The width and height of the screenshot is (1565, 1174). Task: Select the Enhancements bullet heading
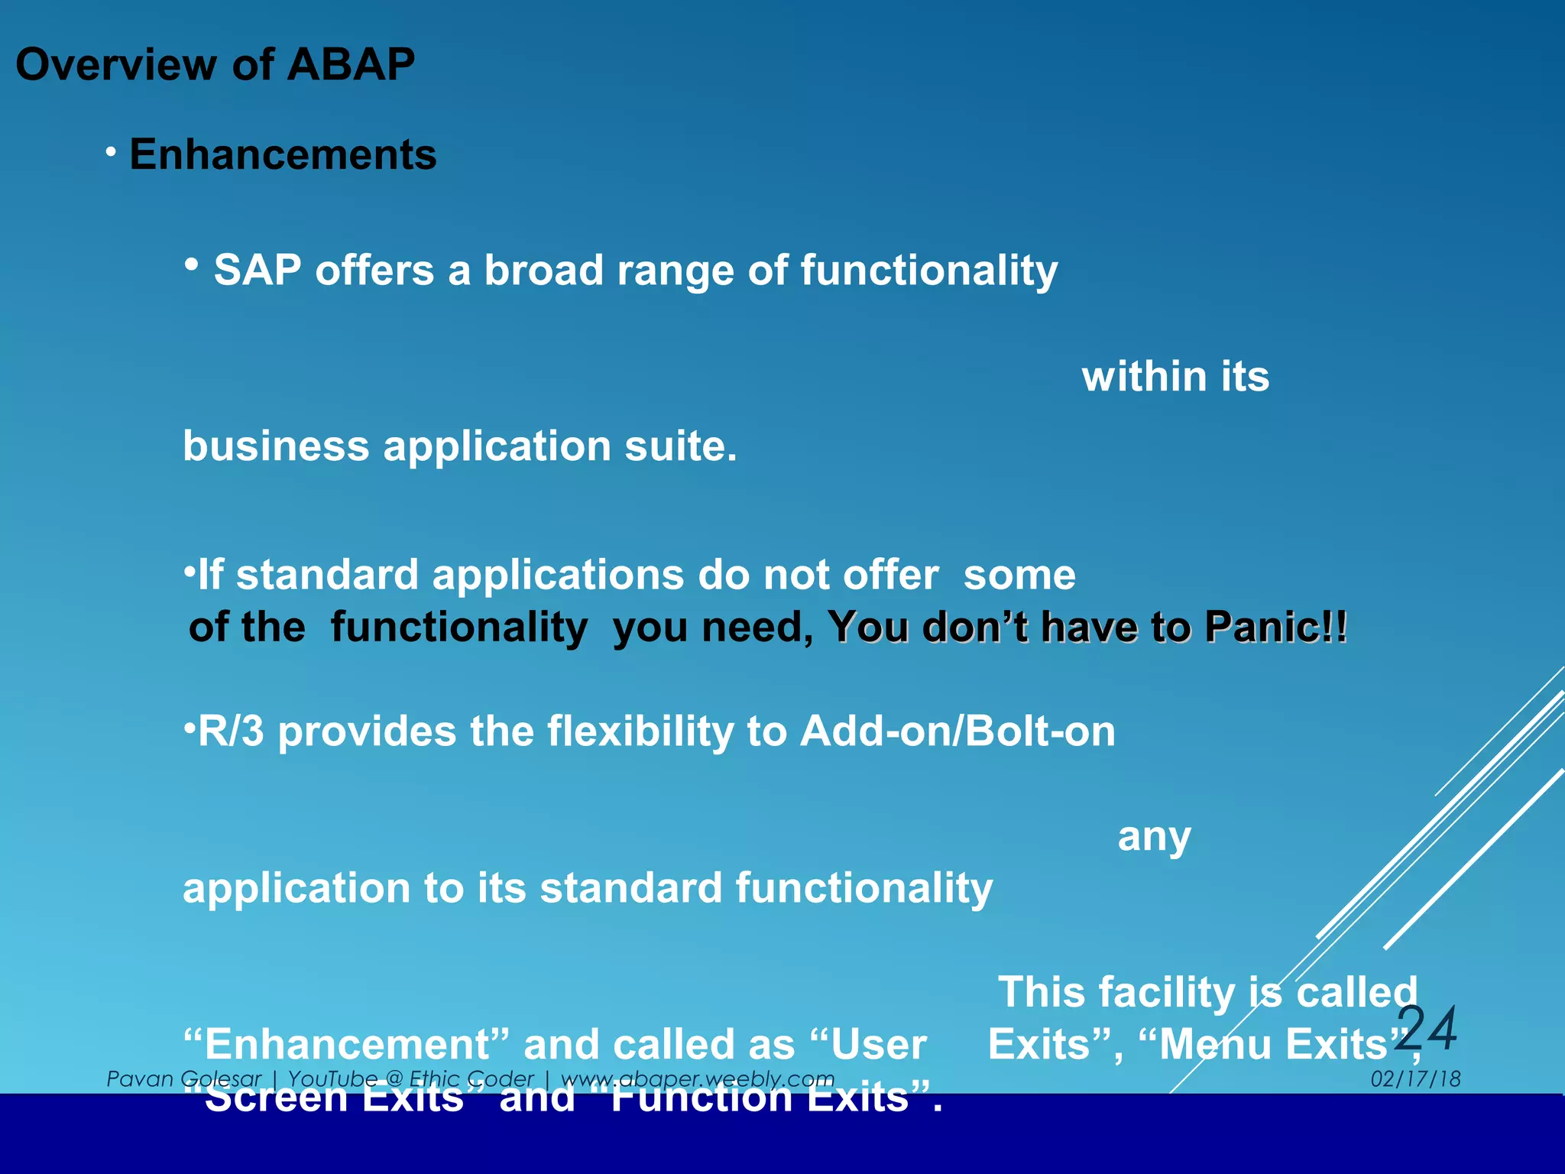point(283,154)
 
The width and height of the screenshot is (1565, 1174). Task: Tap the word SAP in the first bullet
point(257,271)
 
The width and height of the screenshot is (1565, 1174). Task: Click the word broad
point(543,271)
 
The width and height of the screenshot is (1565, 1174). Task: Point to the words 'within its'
point(1175,377)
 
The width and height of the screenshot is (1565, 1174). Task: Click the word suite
point(680,446)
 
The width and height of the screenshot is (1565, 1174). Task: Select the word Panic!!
point(1275,628)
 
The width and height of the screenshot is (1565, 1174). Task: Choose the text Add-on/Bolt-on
point(957,731)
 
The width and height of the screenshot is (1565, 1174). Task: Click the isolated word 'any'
point(1154,837)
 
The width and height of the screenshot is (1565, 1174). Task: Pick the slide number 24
point(1427,1029)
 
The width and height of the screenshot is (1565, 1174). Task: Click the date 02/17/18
point(1415,1079)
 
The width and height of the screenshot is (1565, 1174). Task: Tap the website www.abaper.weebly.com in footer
point(697,1079)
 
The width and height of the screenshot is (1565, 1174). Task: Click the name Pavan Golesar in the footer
point(183,1079)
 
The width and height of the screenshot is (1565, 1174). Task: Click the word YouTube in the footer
point(332,1079)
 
